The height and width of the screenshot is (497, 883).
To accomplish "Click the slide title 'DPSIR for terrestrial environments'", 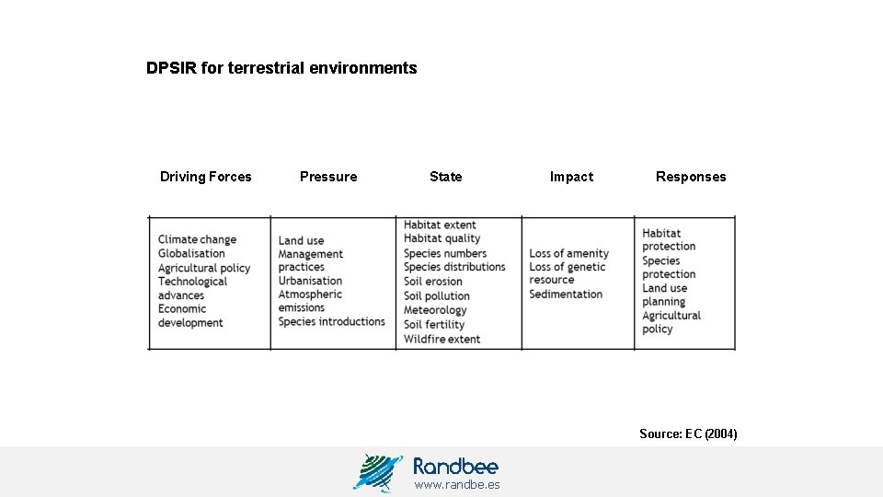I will pos(281,68).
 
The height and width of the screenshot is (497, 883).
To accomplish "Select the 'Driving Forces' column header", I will pos(205,177).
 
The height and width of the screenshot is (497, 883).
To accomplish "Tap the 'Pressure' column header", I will pos(328,177).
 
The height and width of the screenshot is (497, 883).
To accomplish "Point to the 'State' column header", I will pos(446,177).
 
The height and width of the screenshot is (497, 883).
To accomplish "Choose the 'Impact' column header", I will pos(571,177).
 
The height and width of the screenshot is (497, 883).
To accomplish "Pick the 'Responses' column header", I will pos(691,177).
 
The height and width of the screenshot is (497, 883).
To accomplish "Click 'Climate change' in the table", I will pos(197,239).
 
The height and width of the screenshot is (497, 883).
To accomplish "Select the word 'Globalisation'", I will pos(191,253).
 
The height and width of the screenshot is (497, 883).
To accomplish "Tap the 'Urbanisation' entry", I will pos(310,281).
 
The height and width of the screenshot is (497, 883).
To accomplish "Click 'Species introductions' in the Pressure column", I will pos(331,321).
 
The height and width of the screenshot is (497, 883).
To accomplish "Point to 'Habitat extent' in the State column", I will pos(440,225).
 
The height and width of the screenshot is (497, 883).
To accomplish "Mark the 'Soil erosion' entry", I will pos(433,282).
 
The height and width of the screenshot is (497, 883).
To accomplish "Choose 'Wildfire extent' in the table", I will pos(441,339).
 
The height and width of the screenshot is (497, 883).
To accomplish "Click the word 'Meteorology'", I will pos(435,310).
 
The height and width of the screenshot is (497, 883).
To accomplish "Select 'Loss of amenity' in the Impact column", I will pos(568,253).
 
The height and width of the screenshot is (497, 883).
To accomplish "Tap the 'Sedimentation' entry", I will pos(566,295).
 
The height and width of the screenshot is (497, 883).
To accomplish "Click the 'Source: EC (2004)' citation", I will pos(688,433).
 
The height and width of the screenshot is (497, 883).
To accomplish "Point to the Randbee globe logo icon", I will pos(377,472).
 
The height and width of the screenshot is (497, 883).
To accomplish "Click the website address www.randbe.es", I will pos(457,484).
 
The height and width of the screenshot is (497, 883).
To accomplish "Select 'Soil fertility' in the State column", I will pos(434,324).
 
